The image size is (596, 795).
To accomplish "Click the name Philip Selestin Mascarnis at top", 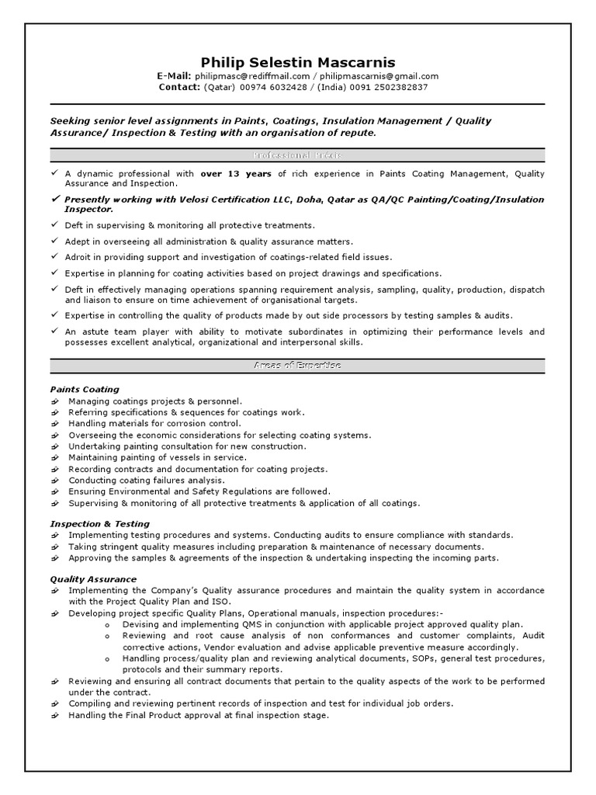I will coord(297,61).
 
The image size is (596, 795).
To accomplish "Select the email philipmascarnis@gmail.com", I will coord(379,76).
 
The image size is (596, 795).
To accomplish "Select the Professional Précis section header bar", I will coord(297,155).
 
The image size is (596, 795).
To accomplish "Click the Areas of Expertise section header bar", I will coord(297,365).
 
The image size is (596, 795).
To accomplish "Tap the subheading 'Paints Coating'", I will coord(85,389).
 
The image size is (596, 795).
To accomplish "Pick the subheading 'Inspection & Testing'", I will coord(100,524).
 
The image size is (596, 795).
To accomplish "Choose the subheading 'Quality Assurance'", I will coord(93,579).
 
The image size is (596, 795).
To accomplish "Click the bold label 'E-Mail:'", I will coord(174,76).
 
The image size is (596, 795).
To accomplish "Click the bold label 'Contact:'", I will coord(179,87).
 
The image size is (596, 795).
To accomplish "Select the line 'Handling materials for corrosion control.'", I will coord(154,424).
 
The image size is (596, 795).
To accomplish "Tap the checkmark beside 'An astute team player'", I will coord(54,332).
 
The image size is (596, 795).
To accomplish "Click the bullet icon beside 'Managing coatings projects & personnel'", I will coord(55,401).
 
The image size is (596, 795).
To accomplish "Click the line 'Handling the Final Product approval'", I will coord(198,715).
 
